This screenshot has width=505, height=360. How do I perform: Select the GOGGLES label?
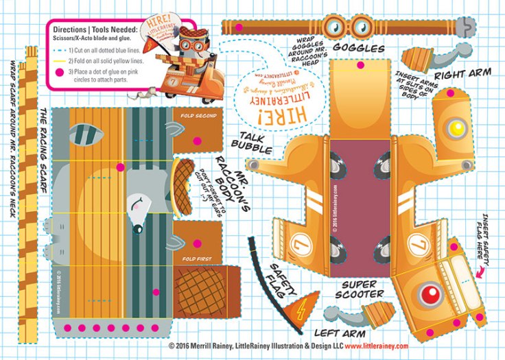[357, 49]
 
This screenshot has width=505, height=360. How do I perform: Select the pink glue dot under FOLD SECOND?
[198, 140]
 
